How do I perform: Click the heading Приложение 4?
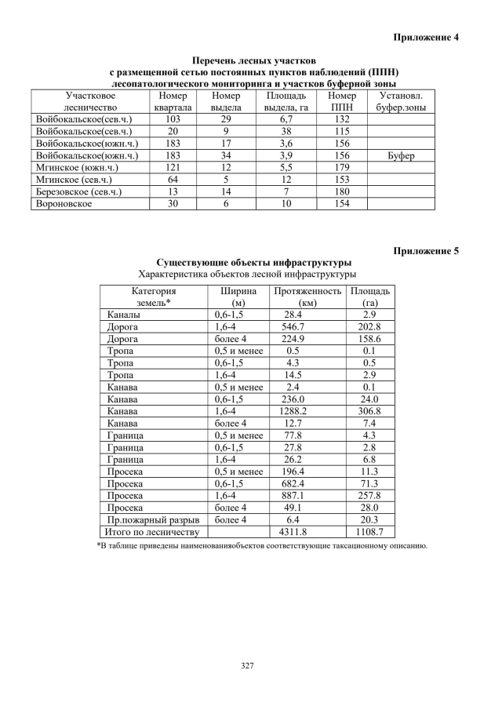click(425, 38)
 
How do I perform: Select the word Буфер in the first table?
click(401, 156)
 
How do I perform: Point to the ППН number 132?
click(341, 118)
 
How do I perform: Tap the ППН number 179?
click(341, 168)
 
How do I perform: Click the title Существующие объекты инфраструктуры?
click(253, 262)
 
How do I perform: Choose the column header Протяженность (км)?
click(307, 297)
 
